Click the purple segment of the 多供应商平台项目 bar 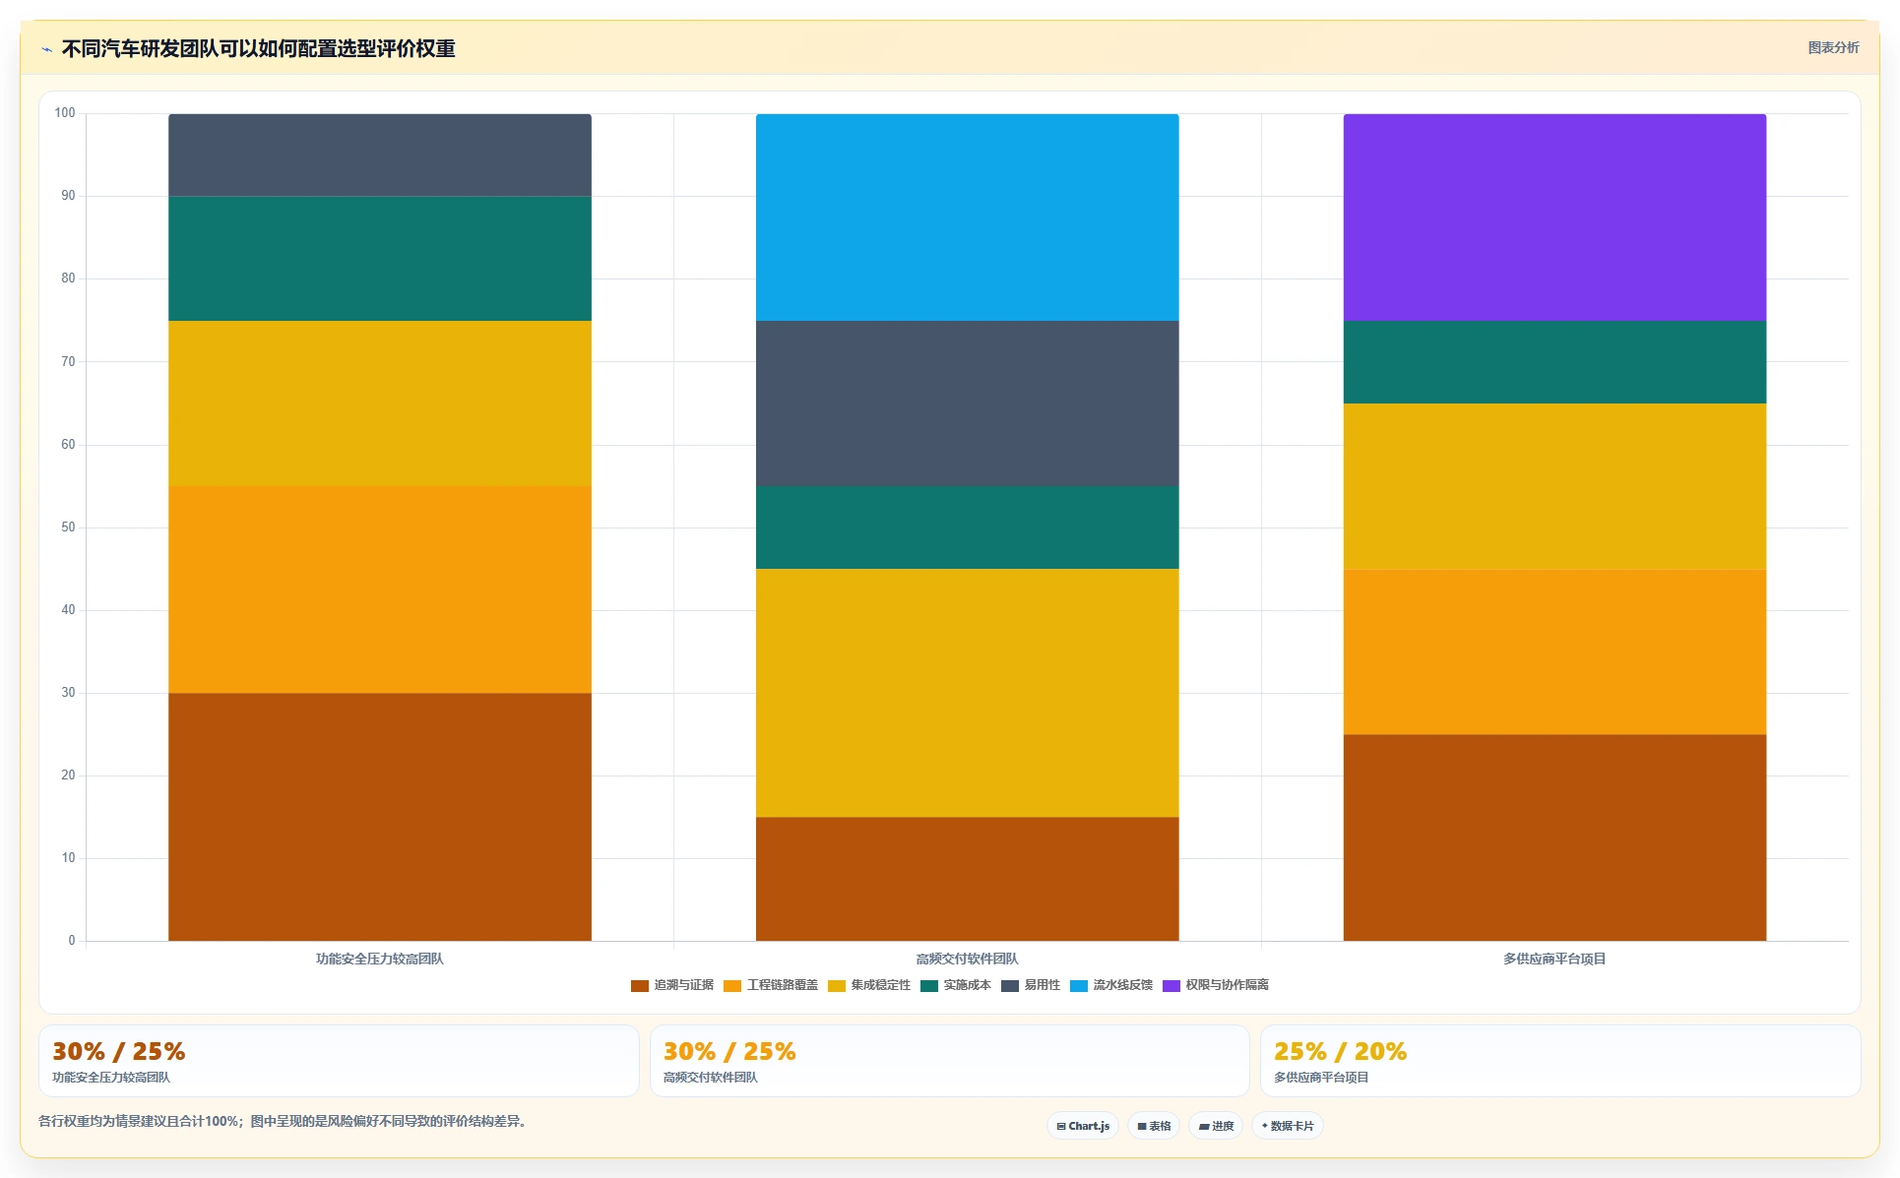(x=1554, y=217)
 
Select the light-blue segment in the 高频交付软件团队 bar (x=967, y=217)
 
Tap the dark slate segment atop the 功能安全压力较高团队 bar (x=380, y=155)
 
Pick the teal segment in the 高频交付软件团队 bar (x=967, y=527)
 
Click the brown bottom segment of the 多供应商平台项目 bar (x=1554, y=837)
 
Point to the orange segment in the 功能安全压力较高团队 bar (x=380, y=589)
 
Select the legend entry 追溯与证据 (x=672, y=985)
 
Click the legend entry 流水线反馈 (x=1111, y=985)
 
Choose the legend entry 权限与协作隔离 (x=1216, y=985)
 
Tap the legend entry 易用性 (x=1031, y=985)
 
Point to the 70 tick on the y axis (x=68, y=362)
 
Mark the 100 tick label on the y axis (x=65, y=113)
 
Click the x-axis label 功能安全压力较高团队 (x=380, y=959)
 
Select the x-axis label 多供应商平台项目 (x=1554, y=959)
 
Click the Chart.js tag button (x=1083, y=1126)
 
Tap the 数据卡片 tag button (x=1288, y=1126)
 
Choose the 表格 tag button (x=1154, y=1126)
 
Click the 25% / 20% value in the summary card (x=1340, y=1052)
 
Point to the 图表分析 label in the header (x=1833, y=47)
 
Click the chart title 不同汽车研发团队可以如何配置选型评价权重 (x=258, y=48)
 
